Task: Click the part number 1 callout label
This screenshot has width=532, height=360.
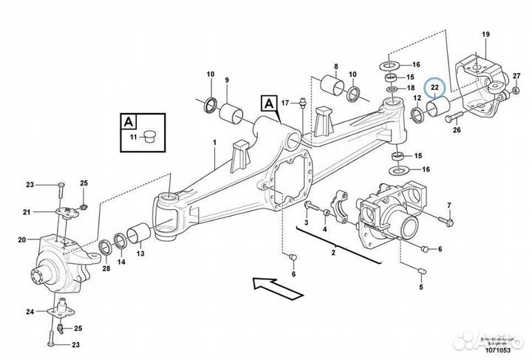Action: point(214,141)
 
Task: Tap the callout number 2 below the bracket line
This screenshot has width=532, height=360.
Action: point(333,254)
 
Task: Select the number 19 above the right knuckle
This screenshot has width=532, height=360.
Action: point(486,35)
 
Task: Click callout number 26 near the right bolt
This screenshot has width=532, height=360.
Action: point(456,131)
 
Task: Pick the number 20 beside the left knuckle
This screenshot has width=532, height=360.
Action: point(21,239)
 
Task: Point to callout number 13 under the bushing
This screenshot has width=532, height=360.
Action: point(140,253)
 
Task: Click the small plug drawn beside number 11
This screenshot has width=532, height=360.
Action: point(150,137)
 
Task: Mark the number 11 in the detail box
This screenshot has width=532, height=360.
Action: point(133,137)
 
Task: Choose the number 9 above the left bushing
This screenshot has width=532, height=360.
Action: point(227,80)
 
